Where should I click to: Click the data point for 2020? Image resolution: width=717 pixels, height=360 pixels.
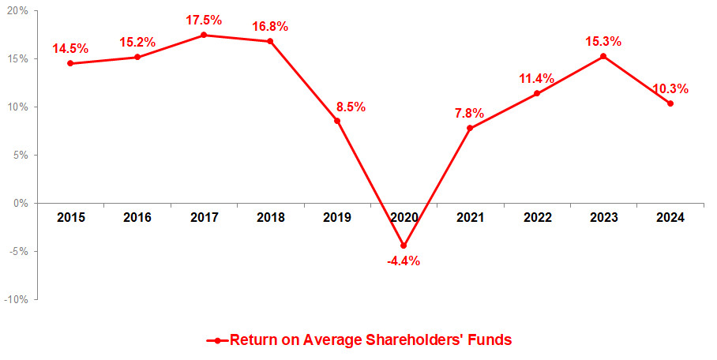pos(404,246)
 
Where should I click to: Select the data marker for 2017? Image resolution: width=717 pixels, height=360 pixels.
pos(204,35)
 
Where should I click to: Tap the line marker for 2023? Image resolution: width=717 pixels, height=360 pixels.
pos(603,56)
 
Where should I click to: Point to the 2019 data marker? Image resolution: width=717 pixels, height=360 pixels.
pos(337,121)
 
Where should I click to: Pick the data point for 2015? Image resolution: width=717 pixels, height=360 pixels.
pos(70,63)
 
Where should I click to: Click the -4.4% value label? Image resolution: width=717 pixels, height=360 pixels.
pos(404,261)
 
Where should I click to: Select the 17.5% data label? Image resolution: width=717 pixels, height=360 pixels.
pos(205,19)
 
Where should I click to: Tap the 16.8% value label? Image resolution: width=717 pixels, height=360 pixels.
pos(270,26)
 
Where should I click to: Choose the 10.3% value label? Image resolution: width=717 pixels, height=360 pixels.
pos(670,88)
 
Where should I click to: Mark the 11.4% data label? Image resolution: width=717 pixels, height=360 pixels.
pos(536,78)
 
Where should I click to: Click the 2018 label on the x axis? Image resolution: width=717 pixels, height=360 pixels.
pos(271,217)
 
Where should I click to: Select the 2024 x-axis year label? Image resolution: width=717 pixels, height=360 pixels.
pos(670,217)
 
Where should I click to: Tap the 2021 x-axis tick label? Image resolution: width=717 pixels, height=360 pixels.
pos(470,217)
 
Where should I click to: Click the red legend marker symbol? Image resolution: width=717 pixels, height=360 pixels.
pos(217,341)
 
